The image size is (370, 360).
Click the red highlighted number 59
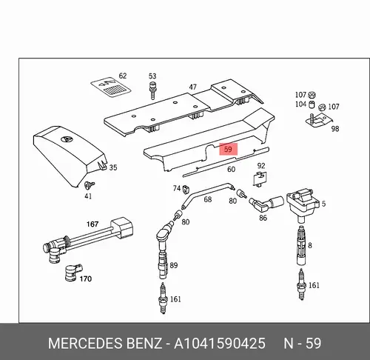228,150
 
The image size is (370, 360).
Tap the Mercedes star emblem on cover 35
67,140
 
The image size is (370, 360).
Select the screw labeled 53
152,90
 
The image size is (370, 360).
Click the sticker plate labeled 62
110,87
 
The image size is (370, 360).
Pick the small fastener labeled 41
89,185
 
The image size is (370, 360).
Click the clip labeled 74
186,190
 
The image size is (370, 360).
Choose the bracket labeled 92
259,179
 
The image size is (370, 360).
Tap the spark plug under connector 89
163,298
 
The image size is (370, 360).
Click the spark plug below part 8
301,284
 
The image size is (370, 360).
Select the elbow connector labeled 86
266,204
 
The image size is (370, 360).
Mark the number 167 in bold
92,224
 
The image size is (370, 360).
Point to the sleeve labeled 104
312,104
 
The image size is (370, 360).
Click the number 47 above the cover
192,87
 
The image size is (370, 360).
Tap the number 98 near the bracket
335,129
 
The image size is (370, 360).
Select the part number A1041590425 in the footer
220,344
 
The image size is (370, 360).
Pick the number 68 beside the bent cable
208,199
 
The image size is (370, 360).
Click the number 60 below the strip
231,169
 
